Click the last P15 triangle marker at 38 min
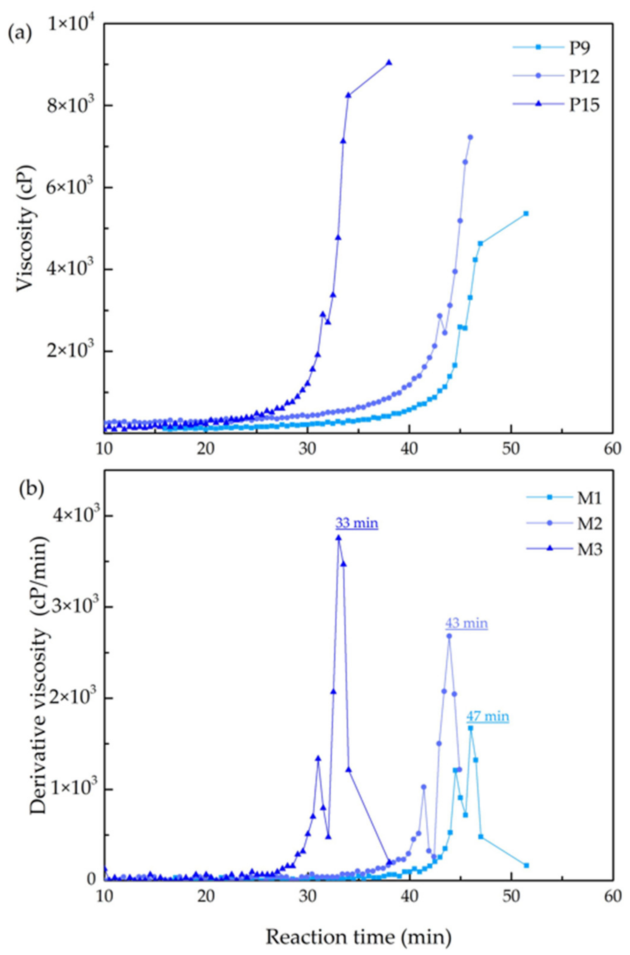(x=388, y=62)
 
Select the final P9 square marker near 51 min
(x=526, y=213)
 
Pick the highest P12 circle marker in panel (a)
(x=470, y=137)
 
